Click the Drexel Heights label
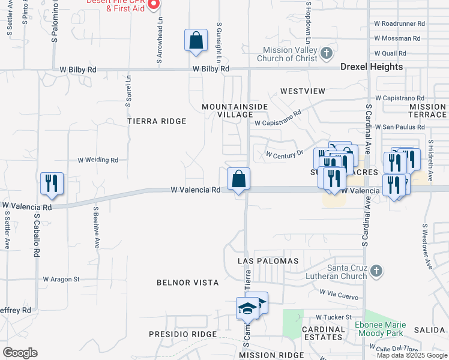[372, 67]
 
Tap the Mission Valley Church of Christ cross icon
[326, 54]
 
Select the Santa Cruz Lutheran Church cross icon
[376, 271]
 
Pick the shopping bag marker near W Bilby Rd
[196, 41]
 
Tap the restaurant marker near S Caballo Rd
[52, 184]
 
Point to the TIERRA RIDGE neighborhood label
[157, 121]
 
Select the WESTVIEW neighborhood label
[303, 91]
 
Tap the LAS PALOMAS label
[268, 261]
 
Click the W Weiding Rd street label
[98, 160]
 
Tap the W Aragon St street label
[61, 279]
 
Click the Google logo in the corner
[20, 353]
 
